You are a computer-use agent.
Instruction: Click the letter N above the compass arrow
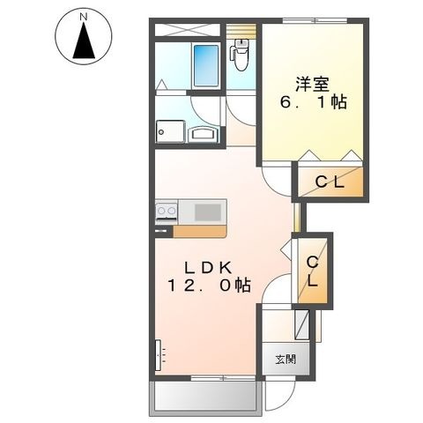(84, 18)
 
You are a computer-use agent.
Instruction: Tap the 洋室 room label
(312, 84)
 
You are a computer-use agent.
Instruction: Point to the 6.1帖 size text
(314, 102)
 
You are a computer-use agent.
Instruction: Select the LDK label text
(208, 267)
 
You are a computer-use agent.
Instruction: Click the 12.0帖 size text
(209, 286)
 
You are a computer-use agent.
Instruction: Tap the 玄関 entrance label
(286, 359)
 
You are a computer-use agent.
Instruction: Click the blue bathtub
(206, 66)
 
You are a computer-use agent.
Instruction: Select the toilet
(241, 55)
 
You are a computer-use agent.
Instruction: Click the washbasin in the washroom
(205, 135)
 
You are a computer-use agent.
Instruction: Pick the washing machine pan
(170, 131)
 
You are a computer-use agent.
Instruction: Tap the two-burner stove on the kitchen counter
(167, 211)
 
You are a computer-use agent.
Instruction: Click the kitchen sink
(208, 212)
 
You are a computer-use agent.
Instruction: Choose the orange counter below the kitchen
(200, 231)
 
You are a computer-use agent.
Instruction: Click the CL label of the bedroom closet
(330, 182)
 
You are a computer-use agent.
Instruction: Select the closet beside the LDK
(312, 271)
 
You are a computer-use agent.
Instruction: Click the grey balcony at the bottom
(205, 398)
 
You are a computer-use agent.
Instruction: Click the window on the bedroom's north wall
(315, 20)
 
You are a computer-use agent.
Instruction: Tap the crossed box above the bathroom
(188, 30)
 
